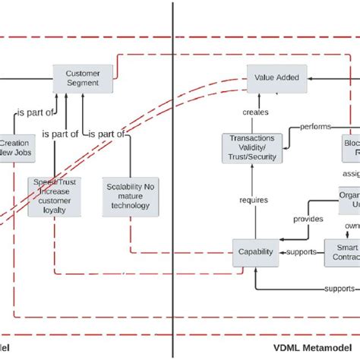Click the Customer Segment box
tap(83, 77)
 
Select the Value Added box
tap(276, 77)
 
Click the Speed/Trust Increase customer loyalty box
tap(54, 197)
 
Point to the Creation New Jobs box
tap(14, 148)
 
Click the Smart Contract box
tap(342, 252)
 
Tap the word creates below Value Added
tap(254, 112)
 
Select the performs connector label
tap(313, 126)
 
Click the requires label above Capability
tap(253, 201)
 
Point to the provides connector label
tap(308, 219)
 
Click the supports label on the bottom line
tap(339, 289)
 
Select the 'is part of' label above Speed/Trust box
tap(61, 134)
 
